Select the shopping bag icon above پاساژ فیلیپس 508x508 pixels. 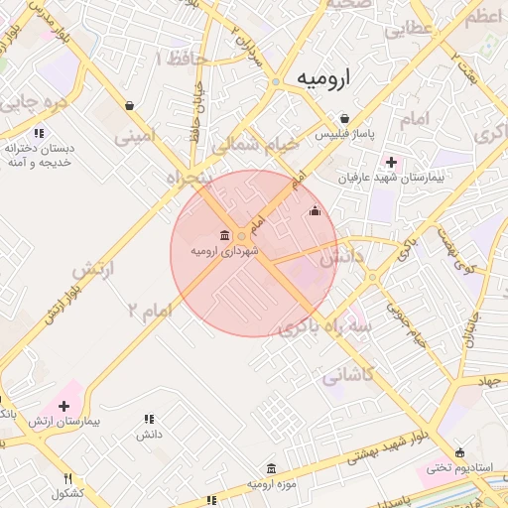[x=344, y=117]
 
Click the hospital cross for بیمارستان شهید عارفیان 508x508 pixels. [x=391, y=162]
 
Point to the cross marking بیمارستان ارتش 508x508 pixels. [x=64, y=406]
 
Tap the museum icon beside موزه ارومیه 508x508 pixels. [x=272, y=468]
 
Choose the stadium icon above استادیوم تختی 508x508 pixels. [x=458, y=451]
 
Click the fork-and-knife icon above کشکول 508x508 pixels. [x=67, y=478]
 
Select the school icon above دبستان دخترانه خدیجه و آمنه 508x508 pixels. [x=39, y=133]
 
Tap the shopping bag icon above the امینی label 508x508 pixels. [x=130, y=105]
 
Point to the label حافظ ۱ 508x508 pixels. [x=182, y=60]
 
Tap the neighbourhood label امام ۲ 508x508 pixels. [x=149, y=310]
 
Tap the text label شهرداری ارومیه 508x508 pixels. [x=225, y=252]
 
